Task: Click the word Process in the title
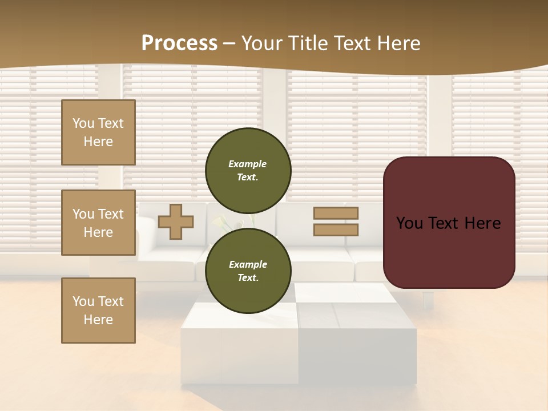pyautogui.click(x=179, y=43)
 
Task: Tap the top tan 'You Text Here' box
pyautogui.click(x=98, y=132)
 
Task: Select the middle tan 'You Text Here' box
pyautogui.click(x=98, y=223)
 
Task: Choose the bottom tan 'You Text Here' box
pyautogui.click(x=98, y=311)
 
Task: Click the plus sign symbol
pyautogui.click(x=176, y=221)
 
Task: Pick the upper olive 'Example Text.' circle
pyautogui.click(x=248, y=170)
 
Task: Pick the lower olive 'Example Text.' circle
pyautogui.click(x=248, y=271)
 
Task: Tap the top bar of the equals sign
pyautogui.click(x=336, y=213)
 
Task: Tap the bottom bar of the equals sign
pyautogui.click(x=336, y=229)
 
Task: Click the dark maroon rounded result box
pyautogui.click(x=449, y=251)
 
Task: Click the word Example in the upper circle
pyautogui.click(x=248, y=164)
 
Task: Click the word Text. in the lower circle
pyautogui.click(x=248, y=278)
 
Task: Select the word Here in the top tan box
pyautogui.click(x=98, y=142)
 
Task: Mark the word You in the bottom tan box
pyautogui.click(x=83, y=301)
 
